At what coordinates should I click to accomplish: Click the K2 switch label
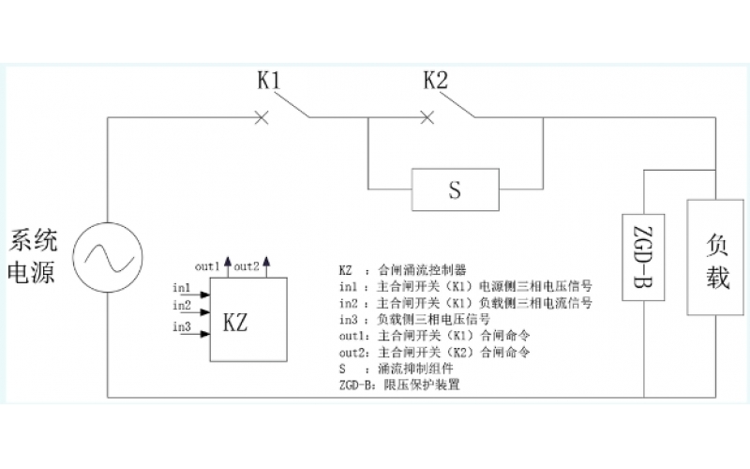(x=435, y=82)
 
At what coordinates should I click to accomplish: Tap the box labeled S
(x=455, y=190)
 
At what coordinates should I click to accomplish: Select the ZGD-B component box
(x=644, y=256)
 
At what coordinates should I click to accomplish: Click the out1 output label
(x=207, y=265)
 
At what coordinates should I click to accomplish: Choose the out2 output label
(x=247, y=265)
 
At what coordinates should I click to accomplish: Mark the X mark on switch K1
(x=262, y=117)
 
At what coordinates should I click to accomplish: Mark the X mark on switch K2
(x=427, y=117)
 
